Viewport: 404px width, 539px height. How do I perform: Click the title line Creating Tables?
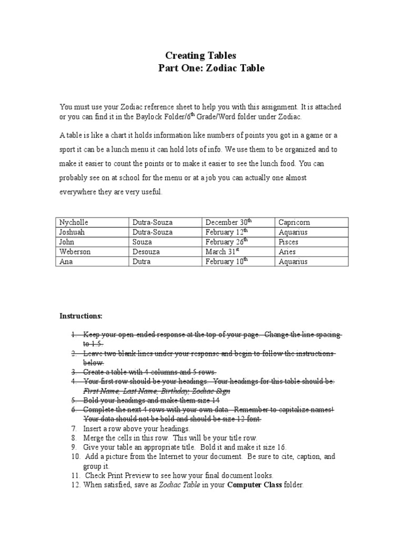coord(201,55)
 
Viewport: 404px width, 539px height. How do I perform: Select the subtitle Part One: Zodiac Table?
coord(211,68)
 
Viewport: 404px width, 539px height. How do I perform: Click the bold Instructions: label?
coord(81,316)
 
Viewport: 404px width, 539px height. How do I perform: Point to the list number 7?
coord(74,428)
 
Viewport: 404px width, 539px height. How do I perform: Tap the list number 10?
coord(75,456)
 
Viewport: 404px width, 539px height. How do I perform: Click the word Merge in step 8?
coord(94,438)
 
